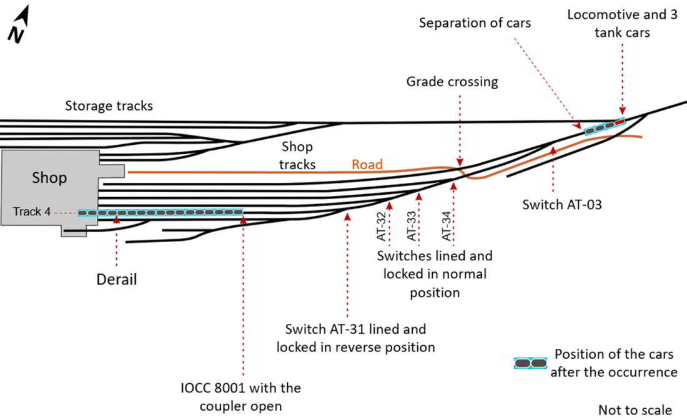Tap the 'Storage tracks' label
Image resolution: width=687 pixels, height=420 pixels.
(x=109, y=106)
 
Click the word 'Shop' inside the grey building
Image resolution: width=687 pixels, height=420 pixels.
(x=49, y=178)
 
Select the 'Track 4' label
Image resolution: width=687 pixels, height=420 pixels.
(x=31, y=212)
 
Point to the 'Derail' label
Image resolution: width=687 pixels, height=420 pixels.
(x=116, y=279)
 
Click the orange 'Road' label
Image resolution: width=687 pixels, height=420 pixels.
(x=367, y=164)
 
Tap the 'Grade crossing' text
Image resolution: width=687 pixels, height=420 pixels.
(x=452, y=82)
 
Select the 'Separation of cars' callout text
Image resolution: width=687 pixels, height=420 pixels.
(x=475, y=23)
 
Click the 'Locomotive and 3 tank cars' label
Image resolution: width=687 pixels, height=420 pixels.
(x=622, y=23)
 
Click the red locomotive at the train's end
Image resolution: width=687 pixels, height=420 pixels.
(x=619, y=122)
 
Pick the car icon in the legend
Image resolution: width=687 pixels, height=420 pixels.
(x=530, y=363)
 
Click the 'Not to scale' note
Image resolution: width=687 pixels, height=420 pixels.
(x=635, y=410)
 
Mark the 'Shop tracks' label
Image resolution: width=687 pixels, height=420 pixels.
(x=297, y=155)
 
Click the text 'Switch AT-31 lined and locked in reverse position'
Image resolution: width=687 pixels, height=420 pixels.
(x=355, y=338)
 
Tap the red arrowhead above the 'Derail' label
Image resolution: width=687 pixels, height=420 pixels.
(x=116, y=219)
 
